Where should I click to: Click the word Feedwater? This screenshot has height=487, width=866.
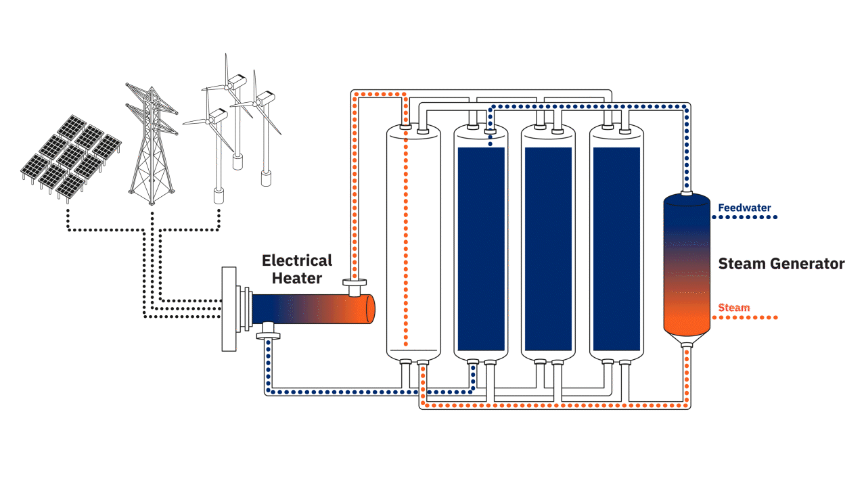tap(744, 208)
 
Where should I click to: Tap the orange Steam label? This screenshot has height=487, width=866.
tap(734, 308)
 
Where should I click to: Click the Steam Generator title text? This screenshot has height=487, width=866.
tap(781, 264)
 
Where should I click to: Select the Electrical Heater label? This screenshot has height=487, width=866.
tap(297, 269)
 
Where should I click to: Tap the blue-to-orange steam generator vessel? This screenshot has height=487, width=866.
tap(687, 264)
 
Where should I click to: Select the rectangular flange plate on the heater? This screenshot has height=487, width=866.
tap(230, 309)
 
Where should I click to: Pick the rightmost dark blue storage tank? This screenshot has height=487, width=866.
tap(616, 247)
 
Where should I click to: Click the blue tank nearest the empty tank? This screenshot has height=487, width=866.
tap(481, 247)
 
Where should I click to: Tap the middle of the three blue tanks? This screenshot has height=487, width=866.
tap(549, 247)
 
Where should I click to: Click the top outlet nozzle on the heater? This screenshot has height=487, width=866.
tap(353, 287)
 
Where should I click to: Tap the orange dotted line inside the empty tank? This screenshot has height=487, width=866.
tap(405, 237)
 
